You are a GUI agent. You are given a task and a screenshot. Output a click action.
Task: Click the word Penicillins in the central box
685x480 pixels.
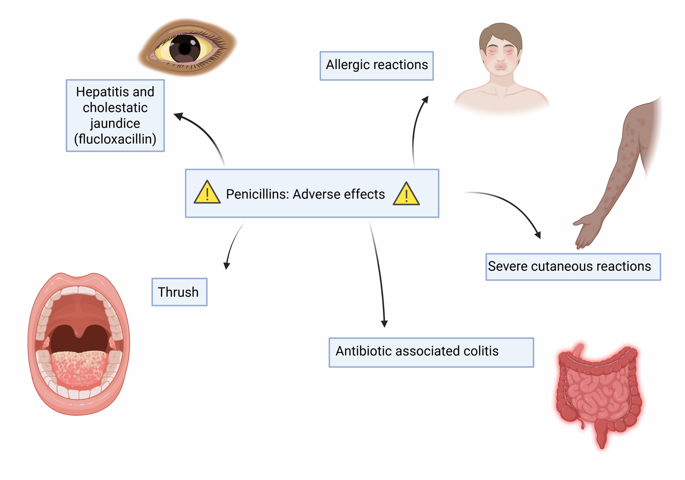257,194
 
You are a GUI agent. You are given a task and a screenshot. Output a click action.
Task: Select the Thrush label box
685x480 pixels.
179,292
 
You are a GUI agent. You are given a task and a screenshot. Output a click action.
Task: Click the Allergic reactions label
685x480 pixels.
376,65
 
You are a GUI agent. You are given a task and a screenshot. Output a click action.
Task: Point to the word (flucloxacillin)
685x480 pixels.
115,139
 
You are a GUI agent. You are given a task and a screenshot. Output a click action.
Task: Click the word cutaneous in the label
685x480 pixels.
561,266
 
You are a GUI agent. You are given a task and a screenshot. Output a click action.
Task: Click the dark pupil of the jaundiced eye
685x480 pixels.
185,49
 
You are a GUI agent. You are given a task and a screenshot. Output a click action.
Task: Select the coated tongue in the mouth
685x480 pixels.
79,367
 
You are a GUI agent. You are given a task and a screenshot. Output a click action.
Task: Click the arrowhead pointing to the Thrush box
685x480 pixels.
227,266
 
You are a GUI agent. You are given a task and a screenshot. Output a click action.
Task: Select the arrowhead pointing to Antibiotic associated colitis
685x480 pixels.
384,324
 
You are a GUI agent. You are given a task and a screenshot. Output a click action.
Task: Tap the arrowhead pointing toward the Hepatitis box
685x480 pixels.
178,116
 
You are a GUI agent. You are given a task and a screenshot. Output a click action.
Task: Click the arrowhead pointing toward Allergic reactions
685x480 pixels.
426,99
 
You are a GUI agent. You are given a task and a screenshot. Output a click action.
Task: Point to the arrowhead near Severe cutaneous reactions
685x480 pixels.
538,235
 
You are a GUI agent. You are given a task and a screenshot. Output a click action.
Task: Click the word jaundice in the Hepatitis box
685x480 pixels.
115,123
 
